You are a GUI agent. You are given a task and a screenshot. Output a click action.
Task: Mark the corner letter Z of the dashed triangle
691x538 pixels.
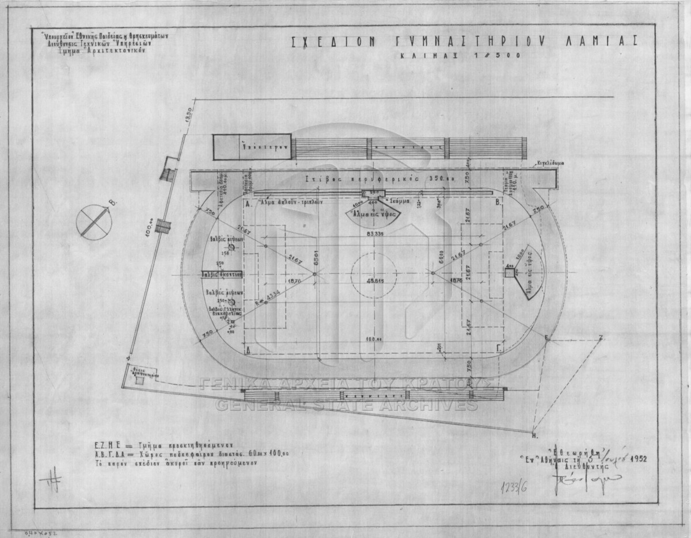pos(601,337)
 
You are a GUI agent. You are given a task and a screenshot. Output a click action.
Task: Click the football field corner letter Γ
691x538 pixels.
pos(499,349)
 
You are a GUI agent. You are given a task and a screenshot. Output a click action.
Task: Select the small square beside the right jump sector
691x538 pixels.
pos(509,273)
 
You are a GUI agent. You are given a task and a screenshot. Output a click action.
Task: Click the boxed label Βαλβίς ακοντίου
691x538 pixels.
pos(222,275)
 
